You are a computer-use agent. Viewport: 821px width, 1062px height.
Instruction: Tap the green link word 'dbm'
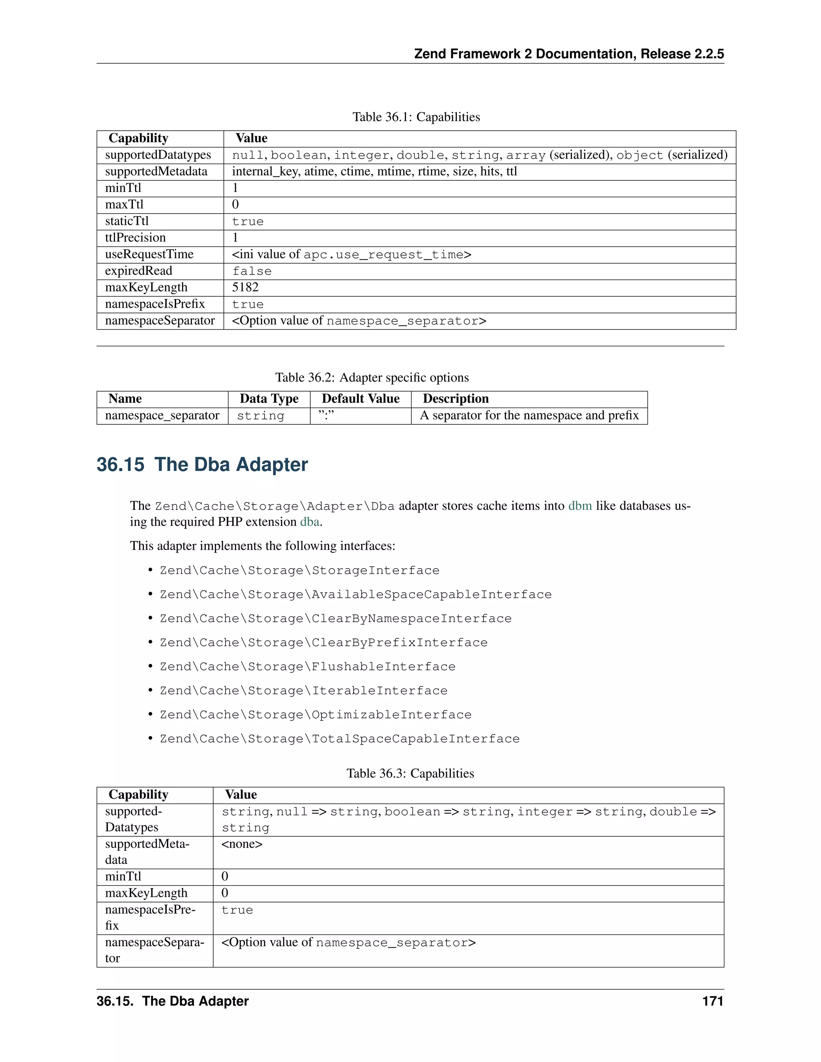(580, 506)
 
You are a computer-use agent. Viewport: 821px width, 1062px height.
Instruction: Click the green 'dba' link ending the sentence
(309, 522)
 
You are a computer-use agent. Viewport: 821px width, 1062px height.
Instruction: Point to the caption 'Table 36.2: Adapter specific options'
(372, 378)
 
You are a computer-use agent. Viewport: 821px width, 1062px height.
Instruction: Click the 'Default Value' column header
(360, 399)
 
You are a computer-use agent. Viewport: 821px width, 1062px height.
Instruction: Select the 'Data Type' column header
(269, 399)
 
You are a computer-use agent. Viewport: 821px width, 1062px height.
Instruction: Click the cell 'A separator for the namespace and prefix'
(529, 415)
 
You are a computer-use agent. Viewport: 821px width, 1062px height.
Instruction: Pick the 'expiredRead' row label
(139, 271)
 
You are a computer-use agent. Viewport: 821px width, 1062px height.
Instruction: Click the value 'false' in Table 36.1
(251, 271)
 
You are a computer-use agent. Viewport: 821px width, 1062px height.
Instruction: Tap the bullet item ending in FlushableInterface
(307, 667)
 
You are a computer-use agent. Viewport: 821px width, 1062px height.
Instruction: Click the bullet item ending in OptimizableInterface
(315, 715)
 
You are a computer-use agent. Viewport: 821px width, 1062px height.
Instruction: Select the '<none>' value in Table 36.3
(242, 844)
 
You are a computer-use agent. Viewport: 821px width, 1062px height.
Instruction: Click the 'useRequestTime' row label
(149, 254)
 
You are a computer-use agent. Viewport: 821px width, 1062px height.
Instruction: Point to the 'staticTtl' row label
(127, 221)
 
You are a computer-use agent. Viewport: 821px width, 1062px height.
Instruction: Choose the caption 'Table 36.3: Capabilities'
(410, 773)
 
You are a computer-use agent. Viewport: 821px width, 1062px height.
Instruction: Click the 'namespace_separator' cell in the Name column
(162, 415)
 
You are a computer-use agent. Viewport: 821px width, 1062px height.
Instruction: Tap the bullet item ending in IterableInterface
(303, 691)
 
